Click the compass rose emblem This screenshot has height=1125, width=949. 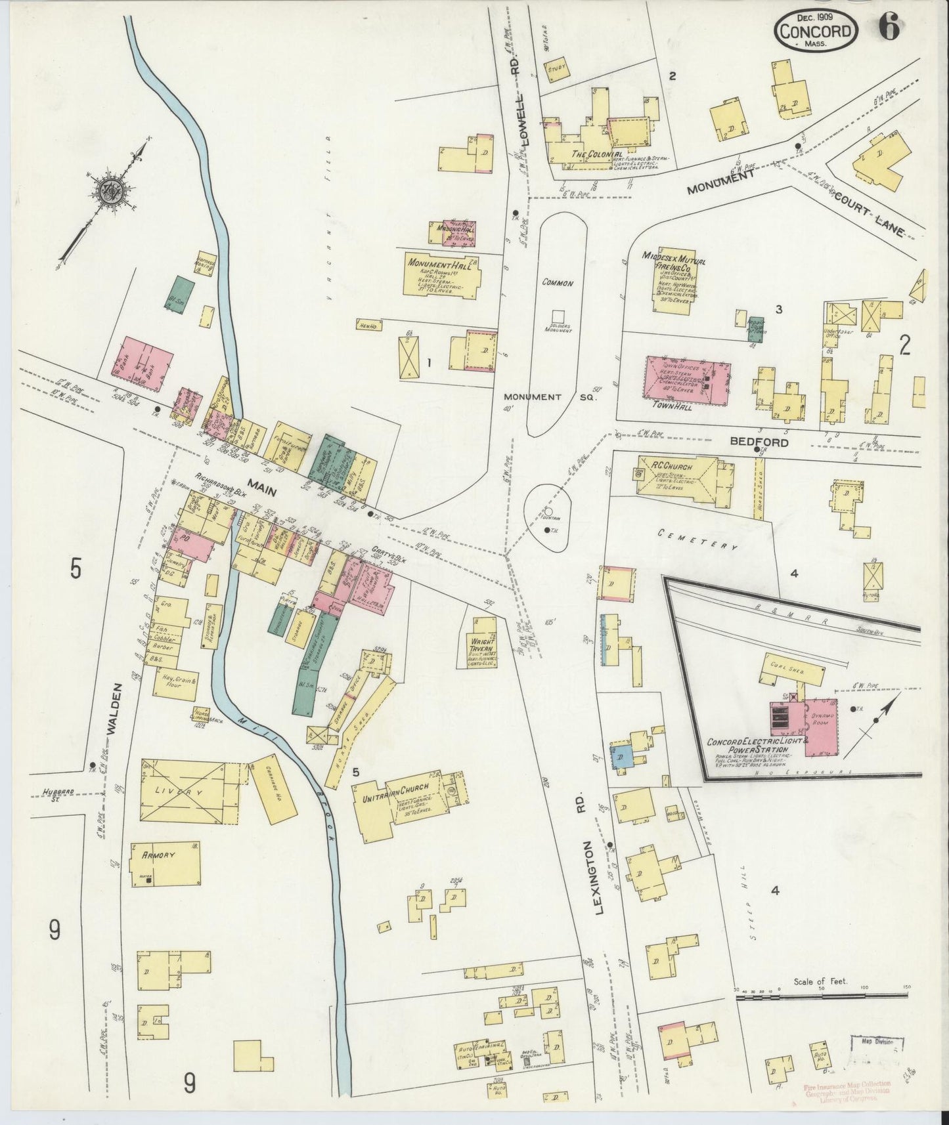tap(107, 191)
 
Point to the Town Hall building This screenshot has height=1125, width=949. tap(686, 386)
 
